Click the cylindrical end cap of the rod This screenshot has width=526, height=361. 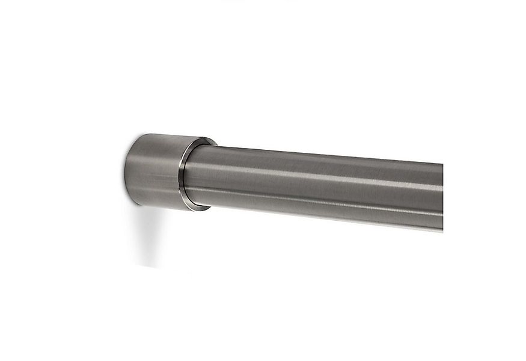159,171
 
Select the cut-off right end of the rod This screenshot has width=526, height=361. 442,196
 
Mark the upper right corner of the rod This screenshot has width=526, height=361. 442,164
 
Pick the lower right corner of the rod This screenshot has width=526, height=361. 442,229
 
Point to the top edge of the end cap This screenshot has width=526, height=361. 168,135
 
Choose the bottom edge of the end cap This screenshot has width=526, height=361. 168,208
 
